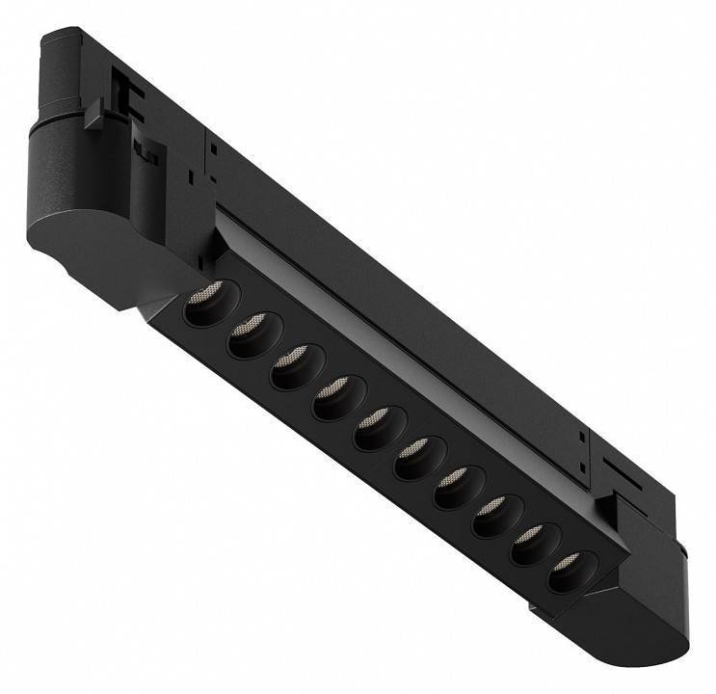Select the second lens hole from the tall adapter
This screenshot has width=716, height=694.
(248, 338)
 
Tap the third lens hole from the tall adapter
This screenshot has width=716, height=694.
(291, 368)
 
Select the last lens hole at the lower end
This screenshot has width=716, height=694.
(567, 573)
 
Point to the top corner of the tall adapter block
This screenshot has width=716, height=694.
(48, 39)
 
